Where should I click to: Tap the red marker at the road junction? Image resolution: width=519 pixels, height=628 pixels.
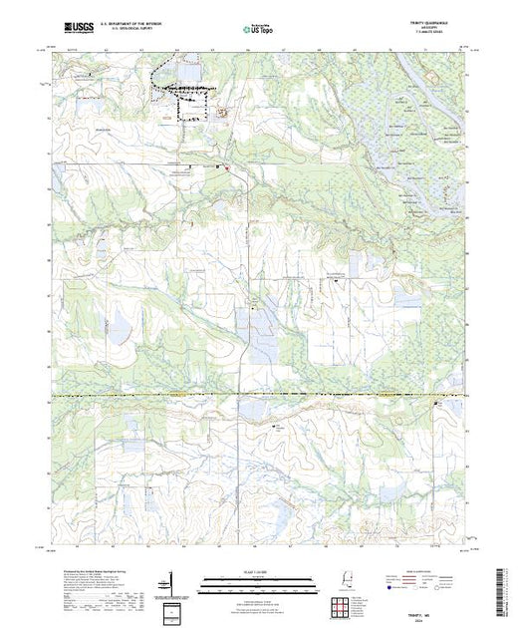[227, 169]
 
